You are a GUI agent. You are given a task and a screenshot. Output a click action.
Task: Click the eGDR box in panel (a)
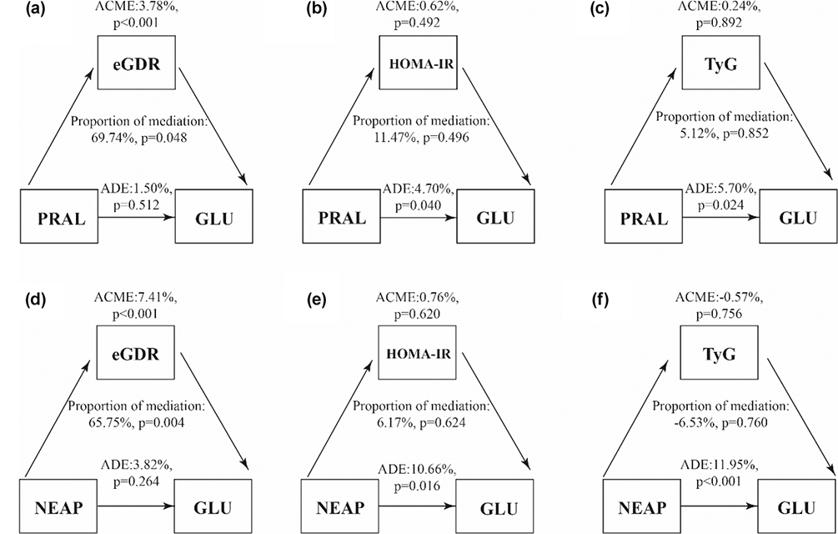pyautogui.click(x=135, y=62)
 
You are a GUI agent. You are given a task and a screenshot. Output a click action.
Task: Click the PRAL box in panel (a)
pyautogui.click(x=59, y=218)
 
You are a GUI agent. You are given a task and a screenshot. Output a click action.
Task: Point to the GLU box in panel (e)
pyautogui.click(x=498, y=506)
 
